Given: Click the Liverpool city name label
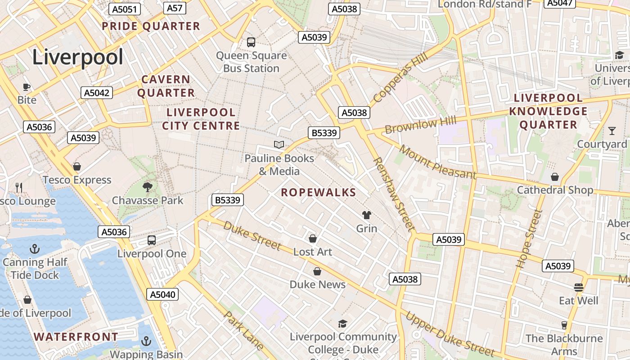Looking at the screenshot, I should pyautogui.click(x=77, y=58).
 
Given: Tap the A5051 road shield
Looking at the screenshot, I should pyautogui.click(x=126, y=9).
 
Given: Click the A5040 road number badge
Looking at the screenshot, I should pyautogui.click(x=162, y=295).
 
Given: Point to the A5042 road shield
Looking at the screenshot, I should pyautogui.click(x=97, y=93).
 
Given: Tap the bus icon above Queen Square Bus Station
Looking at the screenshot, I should pyautogui.click(x=251, y=42).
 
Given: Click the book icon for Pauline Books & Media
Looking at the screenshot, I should pyautogui.click(x=279, y=144).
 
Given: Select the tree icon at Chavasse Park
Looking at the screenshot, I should pyautogui.click(x=147, y=187).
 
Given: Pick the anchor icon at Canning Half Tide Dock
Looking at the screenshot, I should pyautogui.click(x=35, y=248).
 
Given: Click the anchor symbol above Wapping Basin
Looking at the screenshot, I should pyautogui.click(x=146, y=341).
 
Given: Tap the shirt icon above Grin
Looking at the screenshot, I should pyautogui.click(x=367, y=215).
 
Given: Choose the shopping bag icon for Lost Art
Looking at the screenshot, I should pyautogui.click(x=313, y=238).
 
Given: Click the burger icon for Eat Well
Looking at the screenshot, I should pyautogui.click(x=579, y=287).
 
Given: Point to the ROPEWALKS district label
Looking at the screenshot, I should pyautogui.click(x=319, y=193).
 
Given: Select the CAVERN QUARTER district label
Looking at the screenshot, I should pyautogui.click(x=166, y=86).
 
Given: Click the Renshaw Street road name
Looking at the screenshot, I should pyautogui.click(x=393, y=194).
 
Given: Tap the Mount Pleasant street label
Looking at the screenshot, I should pyautogui.click(x=437, y=162).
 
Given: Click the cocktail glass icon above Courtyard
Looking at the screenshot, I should pyautogui.click(x=612, y=131).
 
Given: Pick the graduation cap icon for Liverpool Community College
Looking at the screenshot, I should pyautogui.click(x=342, y=324).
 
